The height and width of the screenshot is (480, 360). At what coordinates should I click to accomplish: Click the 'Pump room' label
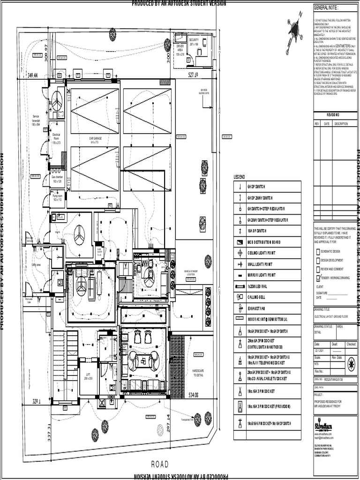(x=57, y=197)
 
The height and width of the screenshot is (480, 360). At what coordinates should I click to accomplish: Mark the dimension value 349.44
(x=33, y=75)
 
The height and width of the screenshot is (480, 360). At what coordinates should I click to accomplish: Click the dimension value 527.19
(x=194, y=75)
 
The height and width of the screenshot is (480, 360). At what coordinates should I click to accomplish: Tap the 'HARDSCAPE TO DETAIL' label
(x=198, y=373)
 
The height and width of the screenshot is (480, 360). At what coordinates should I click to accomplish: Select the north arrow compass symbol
(x=294, y=30)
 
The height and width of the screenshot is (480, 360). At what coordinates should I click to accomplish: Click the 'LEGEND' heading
(x=239, y=177)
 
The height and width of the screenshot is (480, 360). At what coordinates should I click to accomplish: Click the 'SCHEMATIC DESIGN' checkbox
(x=317, y=251)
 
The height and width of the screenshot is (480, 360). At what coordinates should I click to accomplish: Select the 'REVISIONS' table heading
(x=333, y=114)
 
